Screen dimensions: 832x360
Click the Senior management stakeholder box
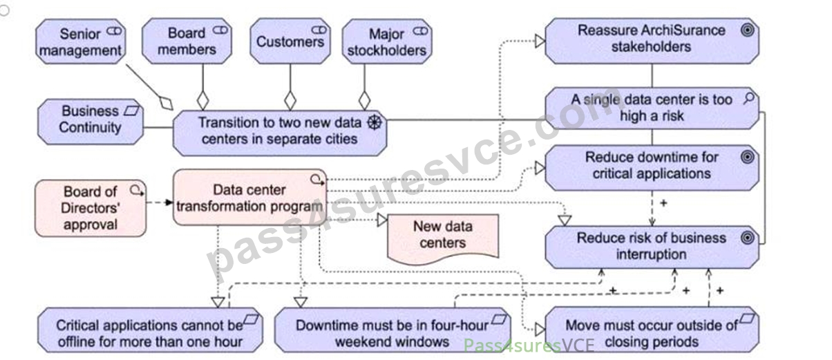pos(81,41)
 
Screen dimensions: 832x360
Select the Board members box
pos(187,41)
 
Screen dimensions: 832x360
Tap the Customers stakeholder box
pos(290,41)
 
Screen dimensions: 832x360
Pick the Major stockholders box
pos(387,41)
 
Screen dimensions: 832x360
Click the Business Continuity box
pos(91,122)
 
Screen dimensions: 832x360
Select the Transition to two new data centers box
pos(280,133)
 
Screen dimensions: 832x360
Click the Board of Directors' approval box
pos(91,208)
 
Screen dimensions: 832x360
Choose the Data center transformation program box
pos(249,198)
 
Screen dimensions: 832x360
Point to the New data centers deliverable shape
pos(443,238)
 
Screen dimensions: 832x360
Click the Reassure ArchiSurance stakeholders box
pos(652,41)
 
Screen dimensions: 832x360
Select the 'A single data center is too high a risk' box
pos(652,108)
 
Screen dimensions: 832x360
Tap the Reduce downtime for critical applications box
pos(652,167)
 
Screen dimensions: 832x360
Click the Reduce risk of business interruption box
pos(652,247)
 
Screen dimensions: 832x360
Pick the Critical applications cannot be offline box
pos(150,330)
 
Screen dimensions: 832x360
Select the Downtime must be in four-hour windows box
pos(393,330)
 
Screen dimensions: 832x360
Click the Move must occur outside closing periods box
pos(652,330)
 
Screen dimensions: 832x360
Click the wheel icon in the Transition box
pos(375,122)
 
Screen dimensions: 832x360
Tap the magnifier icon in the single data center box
pos(749,99)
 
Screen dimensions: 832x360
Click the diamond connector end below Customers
pos(290,101)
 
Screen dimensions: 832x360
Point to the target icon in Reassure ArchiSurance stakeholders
pos(747,30)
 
